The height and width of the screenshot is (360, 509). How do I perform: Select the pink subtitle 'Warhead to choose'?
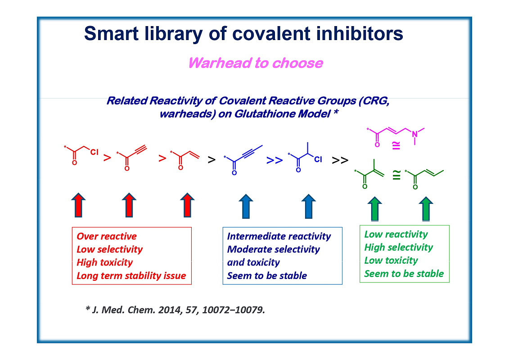click(x=255, y=63)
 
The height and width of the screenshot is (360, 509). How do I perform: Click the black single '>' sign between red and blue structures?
click(x=211, y=160)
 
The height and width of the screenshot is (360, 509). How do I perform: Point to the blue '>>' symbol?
click(x=274, y=160)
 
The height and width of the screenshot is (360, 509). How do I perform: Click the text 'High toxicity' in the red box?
click(x=104, y=262)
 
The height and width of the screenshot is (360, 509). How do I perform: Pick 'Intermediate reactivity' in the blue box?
click(x=279, y=236)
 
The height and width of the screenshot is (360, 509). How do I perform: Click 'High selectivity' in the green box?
click(x=398, y=247)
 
